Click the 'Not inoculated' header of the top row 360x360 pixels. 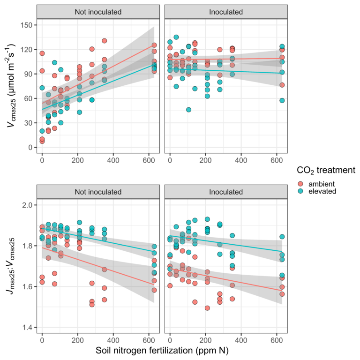point(98,11)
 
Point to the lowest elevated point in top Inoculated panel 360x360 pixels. point(188,110)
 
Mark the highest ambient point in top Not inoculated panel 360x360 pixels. point(105,41)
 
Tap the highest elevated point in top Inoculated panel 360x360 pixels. point(176,37)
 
